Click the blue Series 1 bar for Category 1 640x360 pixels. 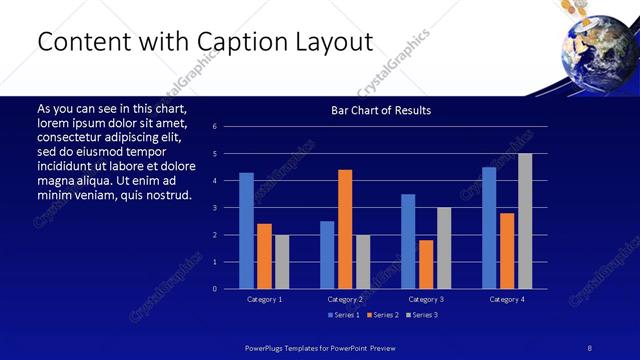point(246,231)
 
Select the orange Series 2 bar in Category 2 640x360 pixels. point(345,229)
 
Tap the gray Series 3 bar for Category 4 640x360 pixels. point(525,221)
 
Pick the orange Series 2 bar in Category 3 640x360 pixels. point(426,264)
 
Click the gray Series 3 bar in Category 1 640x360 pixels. point(282,262)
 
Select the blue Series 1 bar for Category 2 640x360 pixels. point(327,255)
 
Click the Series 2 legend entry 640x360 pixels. point(383,316)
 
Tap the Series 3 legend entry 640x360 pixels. point(423,316)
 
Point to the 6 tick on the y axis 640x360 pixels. point(215,126)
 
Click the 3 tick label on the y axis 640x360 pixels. point(215,208)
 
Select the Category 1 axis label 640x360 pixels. point(264,299)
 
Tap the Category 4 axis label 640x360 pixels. point(507,299)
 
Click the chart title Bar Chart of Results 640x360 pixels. point(381,110)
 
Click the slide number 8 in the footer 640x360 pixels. point(589,348)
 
